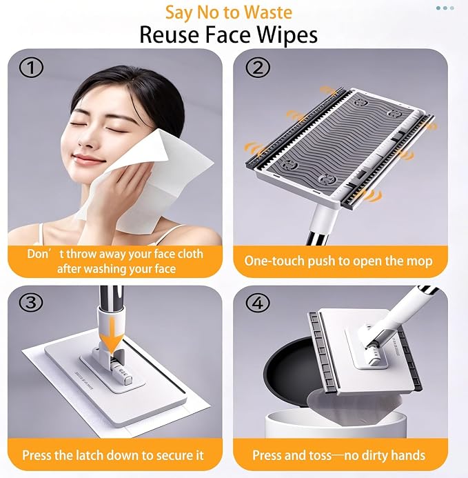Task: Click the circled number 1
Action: click(31, 68)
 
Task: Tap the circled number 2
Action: click(258, 68)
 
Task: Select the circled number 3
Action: click(31, 303)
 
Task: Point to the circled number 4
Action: click(258, 303)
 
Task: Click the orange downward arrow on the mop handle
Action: click(113, 337)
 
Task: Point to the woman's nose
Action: click(86, 139)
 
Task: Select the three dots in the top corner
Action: click(445, 8)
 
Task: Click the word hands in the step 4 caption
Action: click(407, 455)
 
